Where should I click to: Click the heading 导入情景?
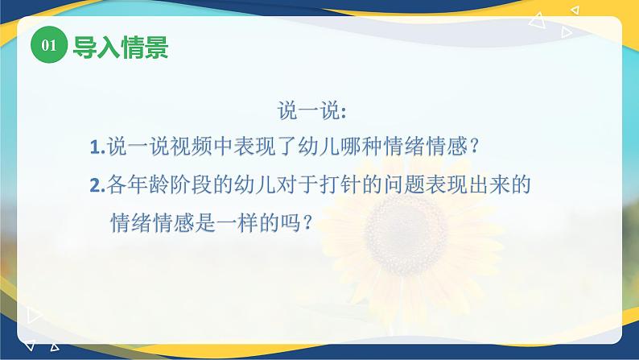pyautogui.click(x=121, y=47)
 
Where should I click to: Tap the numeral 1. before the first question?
pyautogui.click(x=97, y=147)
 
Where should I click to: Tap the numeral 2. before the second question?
pyautogui.click(x=97, y=185)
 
